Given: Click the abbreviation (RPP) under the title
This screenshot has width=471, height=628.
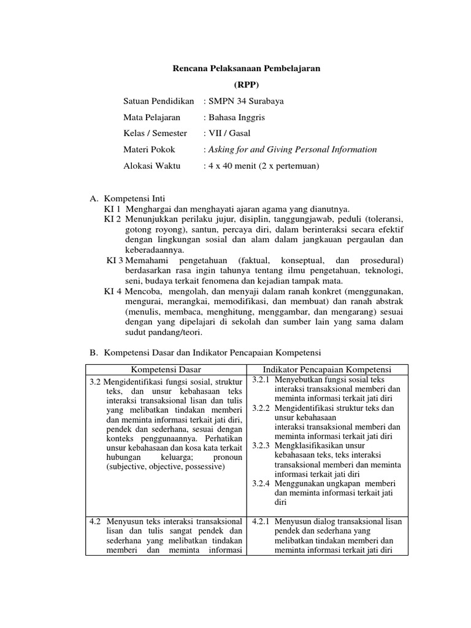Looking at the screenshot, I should (x=247, y=85).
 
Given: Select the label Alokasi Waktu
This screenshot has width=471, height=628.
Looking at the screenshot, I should (x=152, y=166).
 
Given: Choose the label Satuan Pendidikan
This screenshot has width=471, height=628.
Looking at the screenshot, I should (x=159, y=101).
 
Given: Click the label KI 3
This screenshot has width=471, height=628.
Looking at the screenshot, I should (x=115, y=261).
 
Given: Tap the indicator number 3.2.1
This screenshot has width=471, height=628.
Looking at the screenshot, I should (x=261, y=380).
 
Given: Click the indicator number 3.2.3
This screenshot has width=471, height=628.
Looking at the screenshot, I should (x=261, y=445).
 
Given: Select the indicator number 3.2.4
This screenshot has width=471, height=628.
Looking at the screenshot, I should (x=261, y=483).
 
